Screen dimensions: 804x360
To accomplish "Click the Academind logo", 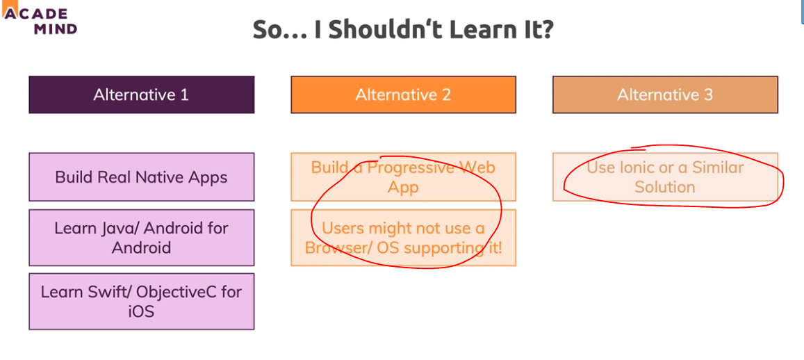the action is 40,20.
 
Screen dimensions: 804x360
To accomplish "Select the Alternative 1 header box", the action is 142,95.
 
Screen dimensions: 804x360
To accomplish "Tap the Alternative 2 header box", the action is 403,95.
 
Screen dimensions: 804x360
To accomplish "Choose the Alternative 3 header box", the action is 665,95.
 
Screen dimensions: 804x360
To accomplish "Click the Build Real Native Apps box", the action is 142,177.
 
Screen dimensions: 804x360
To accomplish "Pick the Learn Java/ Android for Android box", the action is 142,238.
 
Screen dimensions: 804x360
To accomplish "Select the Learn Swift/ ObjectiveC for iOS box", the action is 142,301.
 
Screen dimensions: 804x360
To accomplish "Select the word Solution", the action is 665,187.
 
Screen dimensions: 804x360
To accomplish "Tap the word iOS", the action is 142,311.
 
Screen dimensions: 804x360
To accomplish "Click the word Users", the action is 341,228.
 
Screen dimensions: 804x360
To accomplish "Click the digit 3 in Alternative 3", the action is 708,95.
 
